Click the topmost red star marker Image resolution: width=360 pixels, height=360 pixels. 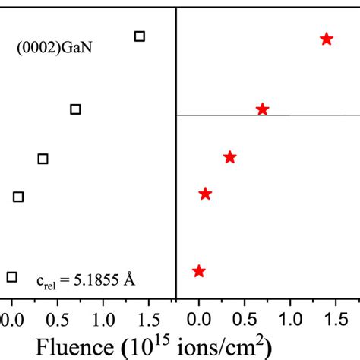pos(327,39)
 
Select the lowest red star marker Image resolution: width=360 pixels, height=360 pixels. pos(198,271)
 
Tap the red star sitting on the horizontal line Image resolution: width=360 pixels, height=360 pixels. pos(263,110)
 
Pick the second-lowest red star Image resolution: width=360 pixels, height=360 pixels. pos(205,194)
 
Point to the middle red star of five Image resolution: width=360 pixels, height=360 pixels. pos(230,157)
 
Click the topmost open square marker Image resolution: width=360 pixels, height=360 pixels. pos(139,36)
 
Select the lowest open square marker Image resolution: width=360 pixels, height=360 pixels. pos(11,277)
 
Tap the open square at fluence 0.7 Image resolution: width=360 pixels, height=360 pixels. pos(75,109)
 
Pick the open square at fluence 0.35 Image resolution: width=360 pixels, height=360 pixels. pos(43,159)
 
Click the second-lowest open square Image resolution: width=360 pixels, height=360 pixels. pos(18,197)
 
